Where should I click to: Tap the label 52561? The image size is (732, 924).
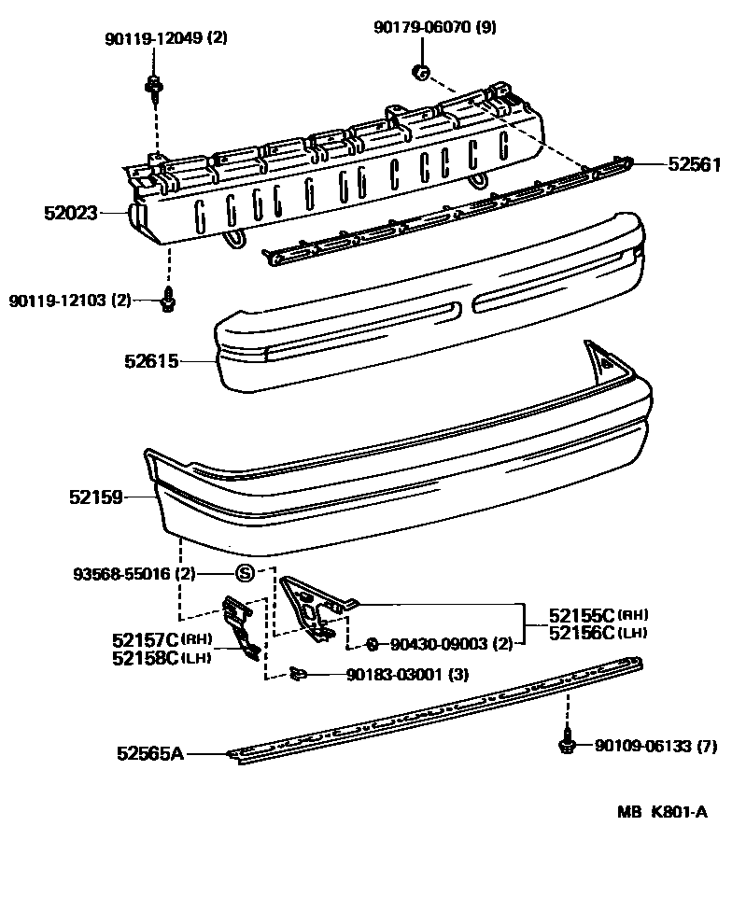(x=694, y=164)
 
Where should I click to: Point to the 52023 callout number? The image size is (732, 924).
(x=70, y=213)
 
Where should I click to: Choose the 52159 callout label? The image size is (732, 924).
(x=95, y=498)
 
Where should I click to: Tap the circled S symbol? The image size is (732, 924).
(x=245, y=573)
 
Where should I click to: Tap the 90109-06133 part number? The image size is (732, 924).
(x=641, y=745)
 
